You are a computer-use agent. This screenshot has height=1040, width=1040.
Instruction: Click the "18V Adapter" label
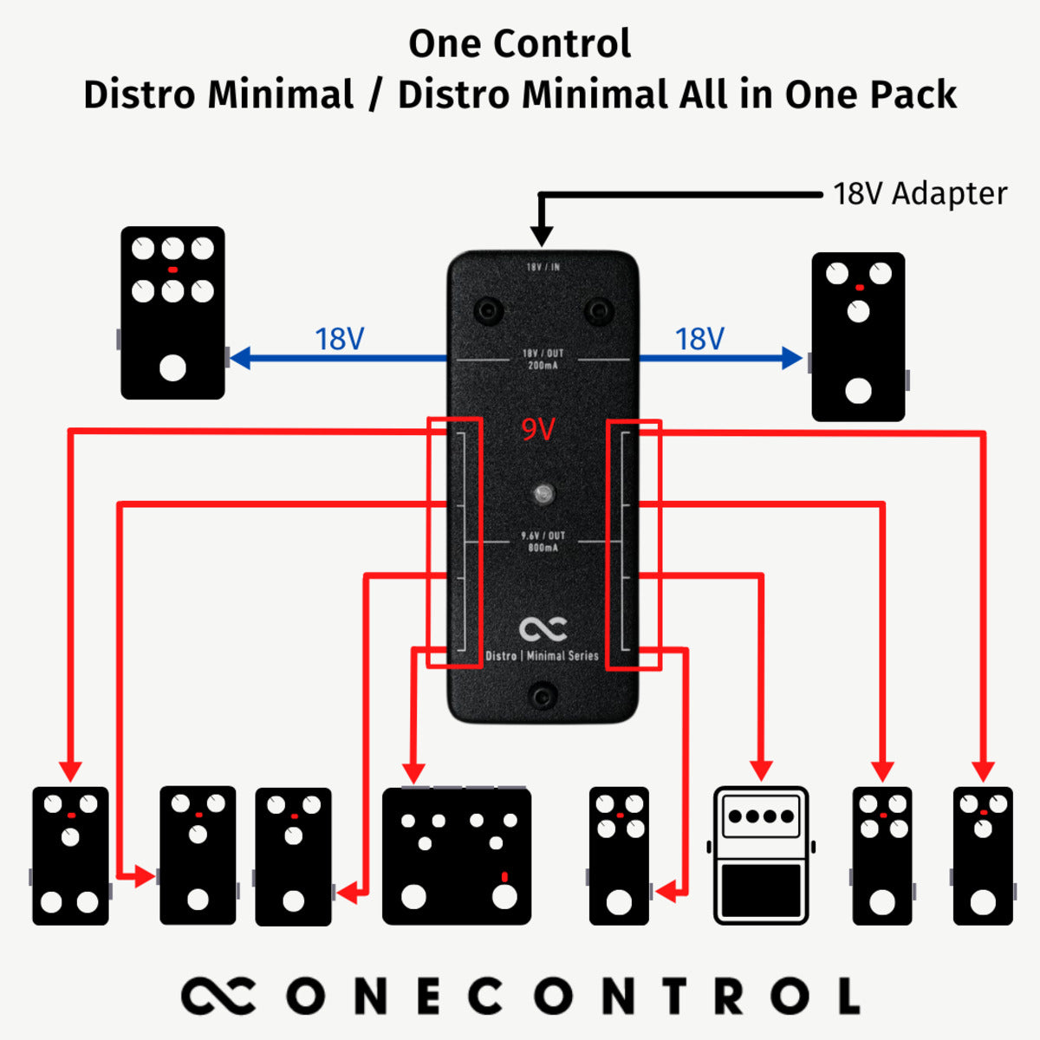[x=920, y=193]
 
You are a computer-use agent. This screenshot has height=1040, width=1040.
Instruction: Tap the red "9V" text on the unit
[x=537, y=429]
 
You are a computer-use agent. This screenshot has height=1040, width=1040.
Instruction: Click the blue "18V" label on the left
[x=339, y=339]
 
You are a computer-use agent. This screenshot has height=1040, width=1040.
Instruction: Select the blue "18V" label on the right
[x=699, y=339]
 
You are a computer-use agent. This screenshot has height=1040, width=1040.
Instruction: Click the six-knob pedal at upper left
[x=172, y=312]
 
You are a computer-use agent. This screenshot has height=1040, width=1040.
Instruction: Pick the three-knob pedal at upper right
[x=858, y=336]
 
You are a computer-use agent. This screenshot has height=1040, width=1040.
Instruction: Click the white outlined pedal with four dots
[x=761, y=855]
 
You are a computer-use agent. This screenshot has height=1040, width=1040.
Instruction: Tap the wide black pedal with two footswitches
[x=457, y=855]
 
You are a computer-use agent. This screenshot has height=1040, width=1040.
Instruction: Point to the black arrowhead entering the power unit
[x=542, y=236]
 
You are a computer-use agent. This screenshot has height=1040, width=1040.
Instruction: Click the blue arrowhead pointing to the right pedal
[x=792, y=358]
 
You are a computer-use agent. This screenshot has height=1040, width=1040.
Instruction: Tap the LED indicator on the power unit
[x=543, y=494]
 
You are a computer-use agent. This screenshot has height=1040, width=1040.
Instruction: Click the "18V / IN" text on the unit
[x=543, y=267]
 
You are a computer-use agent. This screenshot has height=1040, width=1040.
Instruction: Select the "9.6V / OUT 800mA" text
[x=543, y=542]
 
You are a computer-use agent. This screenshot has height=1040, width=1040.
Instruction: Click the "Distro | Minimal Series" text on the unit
[x=543, y=656]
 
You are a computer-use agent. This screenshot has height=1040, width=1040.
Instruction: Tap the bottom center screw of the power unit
[x=543, y=695]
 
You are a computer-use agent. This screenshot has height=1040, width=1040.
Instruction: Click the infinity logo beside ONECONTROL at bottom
[x=218, y=996]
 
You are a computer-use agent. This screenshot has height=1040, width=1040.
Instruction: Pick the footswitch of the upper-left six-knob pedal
[x=172, y=367]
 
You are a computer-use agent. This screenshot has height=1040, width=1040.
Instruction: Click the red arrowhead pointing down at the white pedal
[x=761, y=770]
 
